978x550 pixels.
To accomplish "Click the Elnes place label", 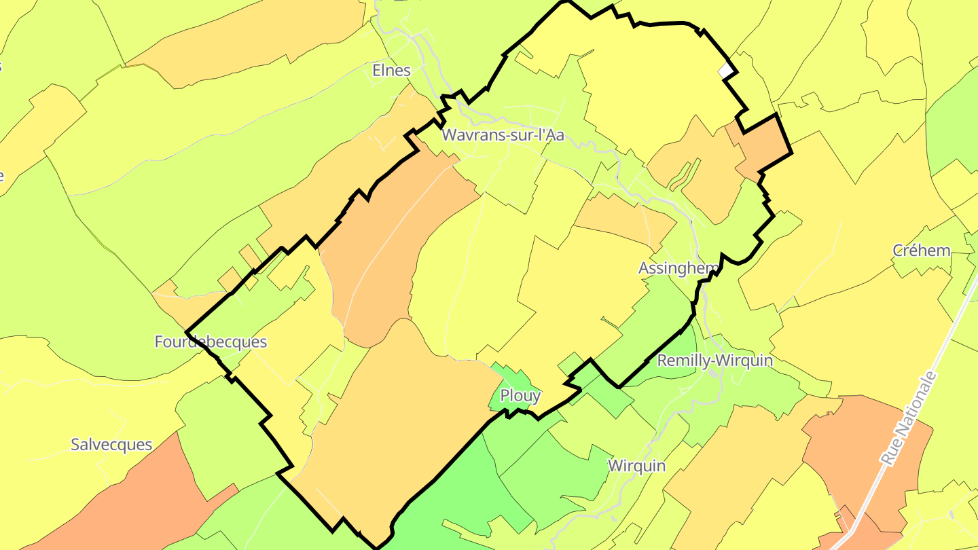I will click(x=392, y=70).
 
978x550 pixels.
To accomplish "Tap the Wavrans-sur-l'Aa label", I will click(x=503, y=135).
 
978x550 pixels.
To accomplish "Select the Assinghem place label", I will click(x=678, y=268).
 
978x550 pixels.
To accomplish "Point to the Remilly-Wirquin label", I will click(x=714, y=361).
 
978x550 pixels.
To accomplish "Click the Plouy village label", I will click(x=520, y=395).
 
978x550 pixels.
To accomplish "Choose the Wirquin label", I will click(x=636, y=466).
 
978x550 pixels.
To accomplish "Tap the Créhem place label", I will click(x=921, y=251).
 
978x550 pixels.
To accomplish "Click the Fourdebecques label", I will click(x=211, y=342).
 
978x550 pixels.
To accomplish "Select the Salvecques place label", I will click(x=111, y=445).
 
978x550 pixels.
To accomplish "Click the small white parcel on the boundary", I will click(x=726, y=70).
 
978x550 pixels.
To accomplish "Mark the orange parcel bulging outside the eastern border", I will click(x=764, y=145).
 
